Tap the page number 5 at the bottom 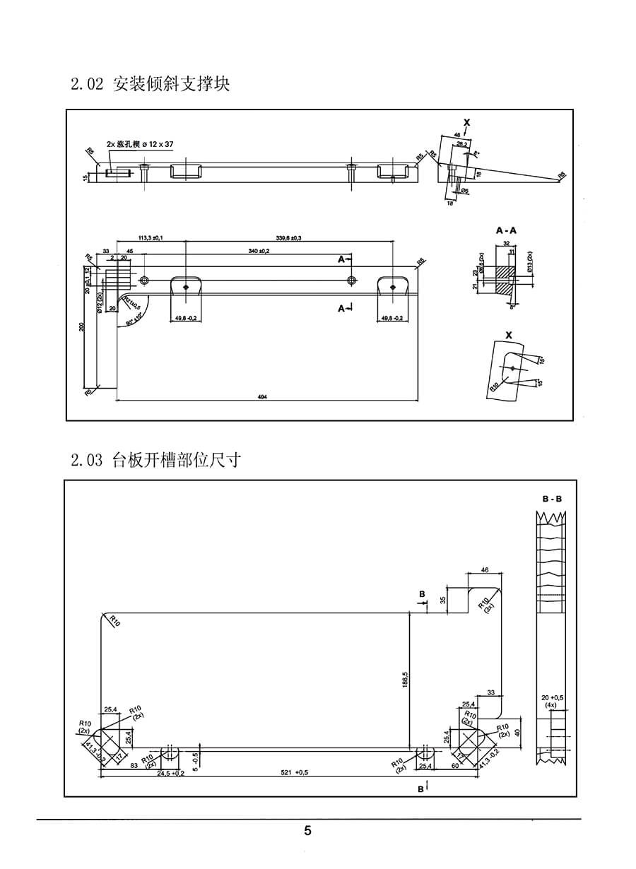[307, 831]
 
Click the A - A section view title [506, 230]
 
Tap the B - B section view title [552, 499]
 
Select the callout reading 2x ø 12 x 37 [140, 144]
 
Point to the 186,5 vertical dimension [405, 682]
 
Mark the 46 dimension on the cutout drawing [485, 569]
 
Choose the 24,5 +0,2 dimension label [170, 773]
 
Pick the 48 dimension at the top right [457, 134]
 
